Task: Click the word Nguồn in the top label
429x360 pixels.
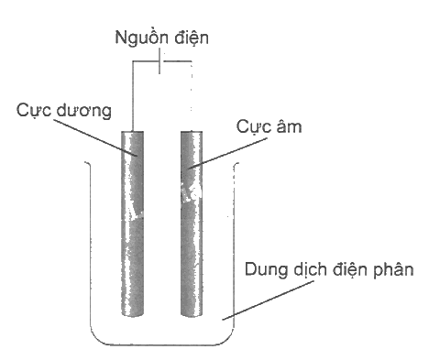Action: click(141, 38)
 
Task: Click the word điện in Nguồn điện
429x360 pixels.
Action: click(192, 38)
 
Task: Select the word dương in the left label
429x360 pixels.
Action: click(83, 110)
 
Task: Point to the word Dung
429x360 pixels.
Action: click(266, 270)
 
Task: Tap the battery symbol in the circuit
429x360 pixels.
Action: click(160, 61)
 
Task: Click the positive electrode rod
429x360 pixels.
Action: click(133, 224)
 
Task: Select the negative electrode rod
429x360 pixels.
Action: click(192, 224)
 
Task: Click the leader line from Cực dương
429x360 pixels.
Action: click(95, 137)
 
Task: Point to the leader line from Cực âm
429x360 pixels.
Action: click(227, 153)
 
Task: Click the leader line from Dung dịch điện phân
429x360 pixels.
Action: click(268, 300)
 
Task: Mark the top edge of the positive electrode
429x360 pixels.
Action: click(133, 132)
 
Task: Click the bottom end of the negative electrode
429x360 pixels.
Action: click(192, 316)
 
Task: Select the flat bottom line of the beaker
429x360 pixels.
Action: click(162, 345)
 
